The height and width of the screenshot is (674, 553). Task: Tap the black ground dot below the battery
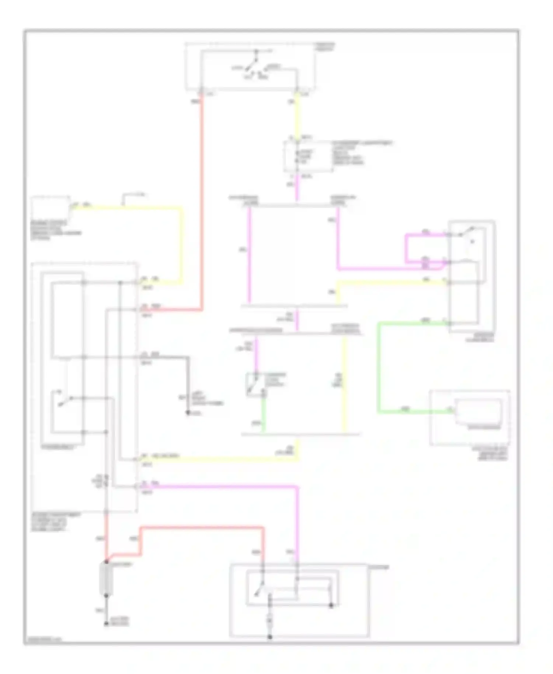[106, 624]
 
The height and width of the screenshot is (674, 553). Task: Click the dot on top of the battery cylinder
[106, 562]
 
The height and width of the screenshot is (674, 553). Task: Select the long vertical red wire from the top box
[202, 203]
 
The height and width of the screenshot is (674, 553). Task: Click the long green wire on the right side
[379, 369]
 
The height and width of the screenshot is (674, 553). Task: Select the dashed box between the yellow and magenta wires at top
[308, 157]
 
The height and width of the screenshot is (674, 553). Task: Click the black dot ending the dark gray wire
[188, 413]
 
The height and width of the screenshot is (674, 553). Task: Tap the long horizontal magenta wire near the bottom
[221, 487]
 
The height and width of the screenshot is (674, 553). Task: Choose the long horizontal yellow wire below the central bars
[221, 459]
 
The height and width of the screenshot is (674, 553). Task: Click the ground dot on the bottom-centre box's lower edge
[270, 637]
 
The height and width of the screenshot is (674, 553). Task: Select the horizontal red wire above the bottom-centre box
[203, 528]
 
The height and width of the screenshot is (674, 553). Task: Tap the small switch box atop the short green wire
[255, 385]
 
